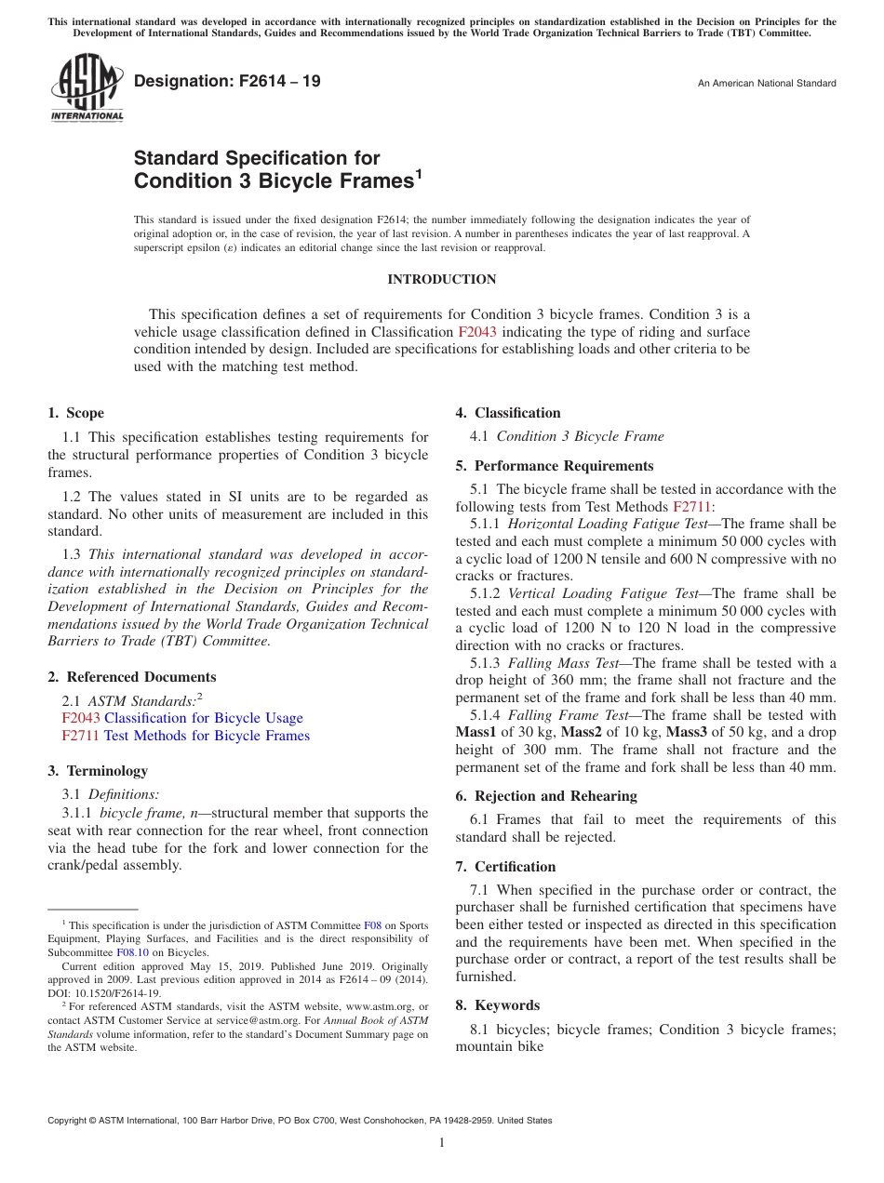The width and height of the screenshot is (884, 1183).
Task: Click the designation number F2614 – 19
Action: [227, 81]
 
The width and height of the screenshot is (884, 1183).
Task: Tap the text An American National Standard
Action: [767, 84]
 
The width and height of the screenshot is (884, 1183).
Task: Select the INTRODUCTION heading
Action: [442, 279]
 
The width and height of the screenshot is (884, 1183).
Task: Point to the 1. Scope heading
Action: [75, 413]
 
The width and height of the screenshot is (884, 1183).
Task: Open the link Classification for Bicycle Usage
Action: [203, 718]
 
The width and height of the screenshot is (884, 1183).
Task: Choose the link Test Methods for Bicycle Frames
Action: [207, 736]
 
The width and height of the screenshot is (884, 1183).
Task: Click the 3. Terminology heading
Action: [98, 771]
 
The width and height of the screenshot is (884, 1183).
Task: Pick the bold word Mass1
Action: [475, 733]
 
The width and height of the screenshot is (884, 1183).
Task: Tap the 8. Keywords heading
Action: [497, 1005]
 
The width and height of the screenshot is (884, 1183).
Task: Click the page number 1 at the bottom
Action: [442, 1143]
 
